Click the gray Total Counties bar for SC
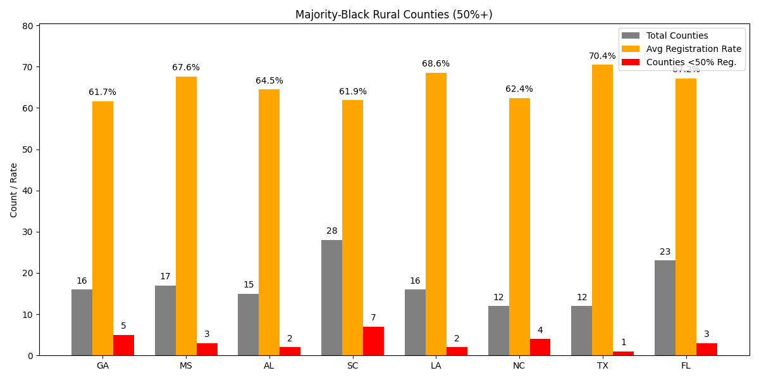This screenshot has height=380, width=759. click(331, 298)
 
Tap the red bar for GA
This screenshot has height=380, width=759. click(123, 345)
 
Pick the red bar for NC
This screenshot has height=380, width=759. click(540, 347)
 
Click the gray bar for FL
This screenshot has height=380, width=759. click(665, 308)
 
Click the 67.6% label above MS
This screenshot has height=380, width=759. click(186, 68)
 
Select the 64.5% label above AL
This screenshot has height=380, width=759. click(269, 81)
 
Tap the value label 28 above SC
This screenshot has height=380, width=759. click(331, 231)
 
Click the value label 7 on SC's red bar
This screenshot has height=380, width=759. click(373, 318)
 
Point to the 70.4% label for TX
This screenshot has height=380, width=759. click(602, 56)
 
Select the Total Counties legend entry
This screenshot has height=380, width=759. click(677, 36)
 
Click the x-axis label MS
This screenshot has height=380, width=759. click(186, 365)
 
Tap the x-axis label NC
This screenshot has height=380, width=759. click(519, 365)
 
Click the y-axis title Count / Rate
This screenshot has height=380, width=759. click(14, 190)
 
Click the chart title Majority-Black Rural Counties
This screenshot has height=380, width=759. click(393, 15)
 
